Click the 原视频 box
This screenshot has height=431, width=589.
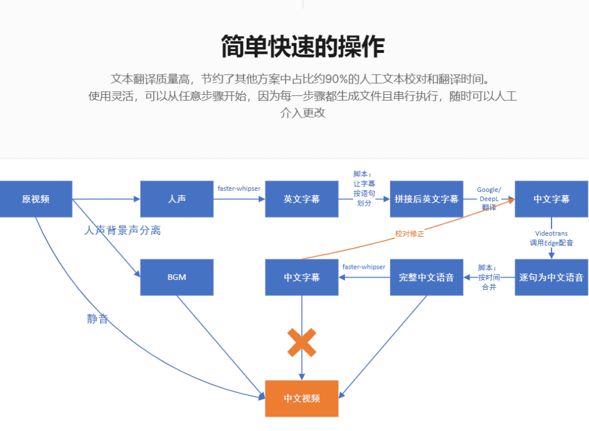coord(36,199)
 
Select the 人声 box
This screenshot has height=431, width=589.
coord(177,199)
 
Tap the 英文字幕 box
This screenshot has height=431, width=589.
coord(301,199)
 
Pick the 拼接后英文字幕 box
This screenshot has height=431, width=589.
coord(426,199)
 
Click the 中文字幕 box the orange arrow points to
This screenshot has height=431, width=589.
coord(551,199)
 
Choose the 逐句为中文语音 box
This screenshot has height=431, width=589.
coord(551,278)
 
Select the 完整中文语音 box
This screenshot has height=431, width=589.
coord(426,278)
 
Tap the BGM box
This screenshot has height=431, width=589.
coord(177,278)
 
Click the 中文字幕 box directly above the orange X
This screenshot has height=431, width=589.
coord(301,278)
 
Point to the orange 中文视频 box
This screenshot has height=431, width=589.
coord(301,398)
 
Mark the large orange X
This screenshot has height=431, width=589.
coord(301,343)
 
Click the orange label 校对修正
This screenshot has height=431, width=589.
coord(409,234)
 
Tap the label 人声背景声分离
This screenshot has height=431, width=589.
coord(122,230)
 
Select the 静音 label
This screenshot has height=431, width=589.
coord(98,319)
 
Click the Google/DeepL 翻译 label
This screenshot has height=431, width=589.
coord(489,198)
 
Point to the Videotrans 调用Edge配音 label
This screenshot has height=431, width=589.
coord(551,238)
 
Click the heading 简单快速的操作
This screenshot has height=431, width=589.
coord(303,47)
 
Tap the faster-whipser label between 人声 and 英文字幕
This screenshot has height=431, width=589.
coord(238,188)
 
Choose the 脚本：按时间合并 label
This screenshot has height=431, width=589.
coord(489,278)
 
